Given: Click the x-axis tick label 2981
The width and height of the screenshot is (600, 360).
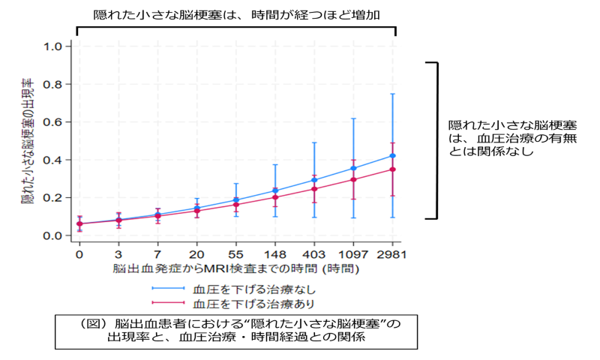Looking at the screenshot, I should pos(391,254).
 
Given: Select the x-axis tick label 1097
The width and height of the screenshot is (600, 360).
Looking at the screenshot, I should pos(352,254).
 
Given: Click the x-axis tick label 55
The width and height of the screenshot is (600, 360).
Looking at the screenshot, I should pos(235,254).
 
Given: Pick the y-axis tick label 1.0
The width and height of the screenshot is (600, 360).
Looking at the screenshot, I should pos(53,46).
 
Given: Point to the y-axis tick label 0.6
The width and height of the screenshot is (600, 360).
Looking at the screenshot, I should pos(53,122).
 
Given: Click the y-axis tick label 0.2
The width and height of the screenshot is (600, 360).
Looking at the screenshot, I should pos(53,198).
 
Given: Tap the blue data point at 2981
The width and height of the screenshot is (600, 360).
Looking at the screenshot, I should pos(392,156).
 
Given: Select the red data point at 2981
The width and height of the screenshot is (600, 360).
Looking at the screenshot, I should pos(392,169).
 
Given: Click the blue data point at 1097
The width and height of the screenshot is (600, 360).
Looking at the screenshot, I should pos(353,168).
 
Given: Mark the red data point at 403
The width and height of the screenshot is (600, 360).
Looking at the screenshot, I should pos(314,189).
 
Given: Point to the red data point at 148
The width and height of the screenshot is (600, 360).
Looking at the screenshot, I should pos(275,197).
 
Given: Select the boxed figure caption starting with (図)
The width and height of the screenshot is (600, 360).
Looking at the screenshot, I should pos(235,330).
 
